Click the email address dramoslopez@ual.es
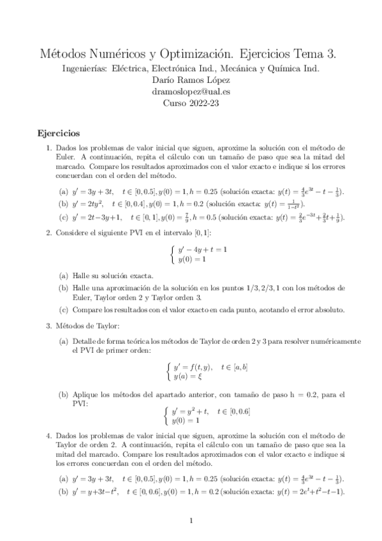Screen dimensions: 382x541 tap(191, 91)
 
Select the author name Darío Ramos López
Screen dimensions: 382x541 tap(191, 80)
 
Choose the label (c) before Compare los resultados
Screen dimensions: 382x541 tap(63, 310)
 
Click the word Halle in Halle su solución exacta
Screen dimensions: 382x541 tap(83, 276)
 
